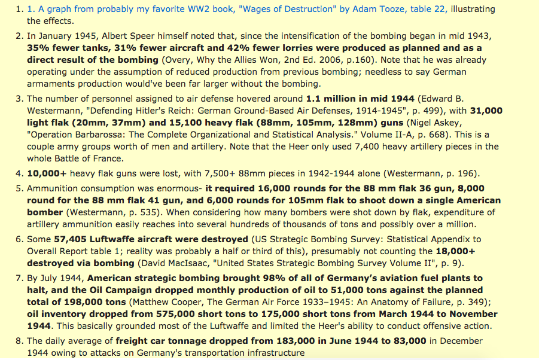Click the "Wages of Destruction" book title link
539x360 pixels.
(x=281, y=9)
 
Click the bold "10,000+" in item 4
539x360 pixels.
(x=46, y=174)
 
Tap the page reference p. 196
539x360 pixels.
(x=459, y=174)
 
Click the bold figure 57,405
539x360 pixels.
(x=71, y=239)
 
